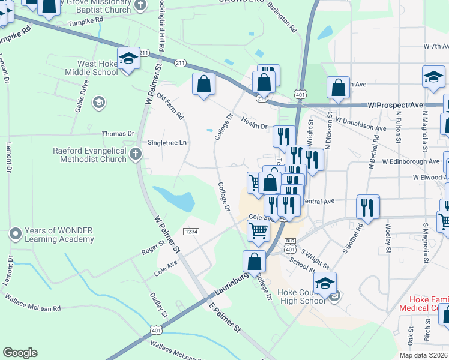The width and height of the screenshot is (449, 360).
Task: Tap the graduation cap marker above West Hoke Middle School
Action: [128, 59]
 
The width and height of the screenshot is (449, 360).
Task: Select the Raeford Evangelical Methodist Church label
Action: [89, 155]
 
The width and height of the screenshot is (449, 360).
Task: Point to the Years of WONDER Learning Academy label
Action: [59, 235]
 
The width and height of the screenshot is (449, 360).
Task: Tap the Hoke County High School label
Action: [301, 296]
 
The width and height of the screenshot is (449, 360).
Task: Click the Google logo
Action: [20, 353]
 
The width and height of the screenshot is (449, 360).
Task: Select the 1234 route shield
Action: [191, 232]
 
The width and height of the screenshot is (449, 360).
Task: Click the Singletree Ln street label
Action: [167, 143]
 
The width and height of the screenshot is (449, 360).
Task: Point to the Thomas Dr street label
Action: [118, 134]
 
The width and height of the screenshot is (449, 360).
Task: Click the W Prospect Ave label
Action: [396, 105]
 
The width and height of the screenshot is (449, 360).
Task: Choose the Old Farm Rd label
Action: [170, 106]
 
